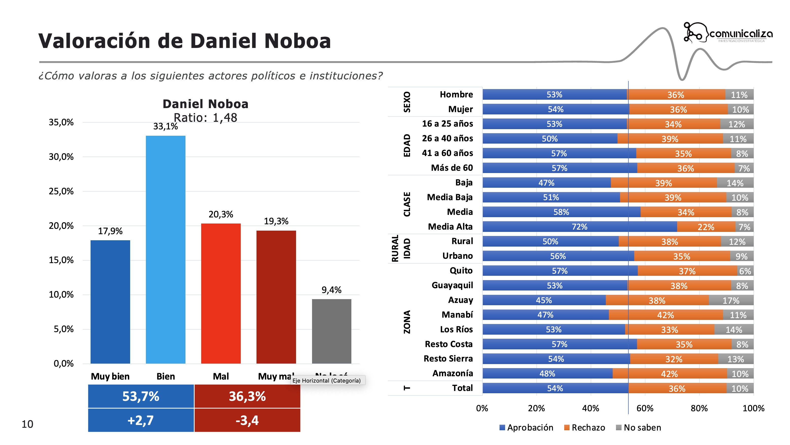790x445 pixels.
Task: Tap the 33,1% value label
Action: point(165,126)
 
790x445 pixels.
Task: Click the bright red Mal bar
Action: point(220,293)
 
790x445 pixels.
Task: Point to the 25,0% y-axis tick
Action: point(61,191)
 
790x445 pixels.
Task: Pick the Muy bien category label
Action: point(110,376)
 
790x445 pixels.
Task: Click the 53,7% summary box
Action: point(141,396)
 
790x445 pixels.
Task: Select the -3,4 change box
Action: point(247,420)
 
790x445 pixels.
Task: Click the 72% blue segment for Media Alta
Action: point(579,227)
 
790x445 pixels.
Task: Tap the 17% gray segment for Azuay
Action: point(731,300)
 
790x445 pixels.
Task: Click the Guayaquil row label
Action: point(452,285)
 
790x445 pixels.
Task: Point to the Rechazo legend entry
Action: point(584,427)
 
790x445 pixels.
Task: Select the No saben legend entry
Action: point(639,427)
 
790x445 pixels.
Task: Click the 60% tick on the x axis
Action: point(645,408)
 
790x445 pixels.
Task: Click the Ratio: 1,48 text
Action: point(205,117)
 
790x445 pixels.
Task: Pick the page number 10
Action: point(27,424)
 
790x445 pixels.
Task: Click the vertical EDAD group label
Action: point(407,145)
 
